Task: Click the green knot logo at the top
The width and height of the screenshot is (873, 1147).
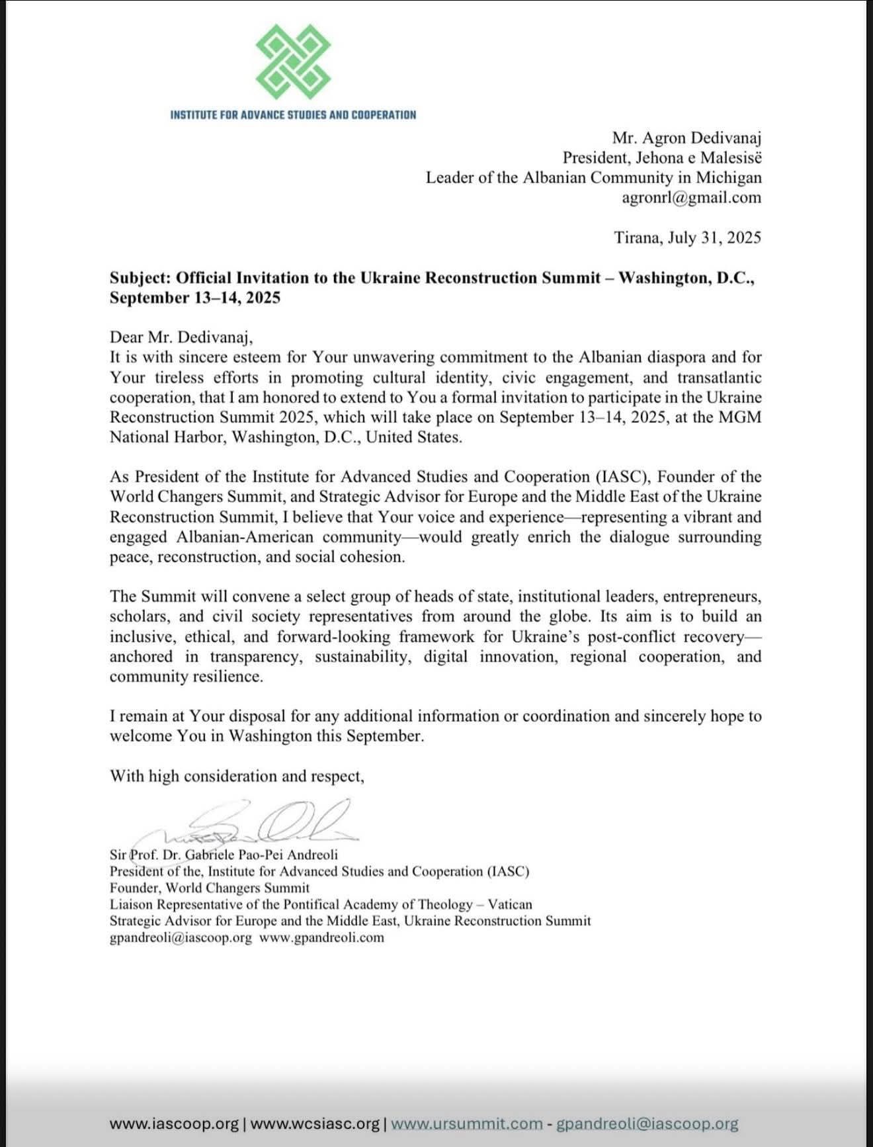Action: coord(293,66)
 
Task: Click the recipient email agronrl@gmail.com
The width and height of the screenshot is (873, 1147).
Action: coord(691,198)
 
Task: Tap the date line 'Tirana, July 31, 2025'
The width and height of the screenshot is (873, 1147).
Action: coord(687,237)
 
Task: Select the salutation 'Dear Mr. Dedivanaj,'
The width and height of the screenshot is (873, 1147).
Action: coord(181,337)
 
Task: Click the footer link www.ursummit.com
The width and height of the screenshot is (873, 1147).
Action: coord(468,1123)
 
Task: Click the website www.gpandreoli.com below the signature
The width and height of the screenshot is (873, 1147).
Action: coord(322,937)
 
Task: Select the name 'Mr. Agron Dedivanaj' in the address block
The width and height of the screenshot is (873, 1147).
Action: coord(686,138)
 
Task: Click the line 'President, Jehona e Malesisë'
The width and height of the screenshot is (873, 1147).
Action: coord(662,157)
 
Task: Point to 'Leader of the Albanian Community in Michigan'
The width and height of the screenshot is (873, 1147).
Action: coord(593,178)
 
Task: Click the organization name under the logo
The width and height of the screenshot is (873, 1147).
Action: coord(293,114)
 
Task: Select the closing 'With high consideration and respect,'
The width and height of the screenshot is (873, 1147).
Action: coord(237,776)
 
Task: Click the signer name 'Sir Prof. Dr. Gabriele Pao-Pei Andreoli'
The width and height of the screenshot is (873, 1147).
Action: coord(224,855)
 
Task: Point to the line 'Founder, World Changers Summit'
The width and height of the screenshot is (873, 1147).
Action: coord(210,888)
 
